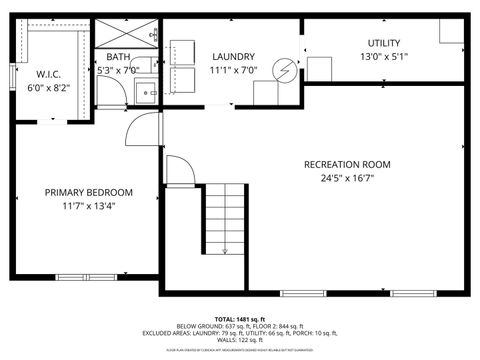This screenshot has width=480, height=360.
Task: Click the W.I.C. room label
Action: (x=49, y=73)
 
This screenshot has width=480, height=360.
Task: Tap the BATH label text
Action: (x=119, y=57)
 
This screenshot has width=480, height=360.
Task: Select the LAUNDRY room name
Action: (x=234, y=57)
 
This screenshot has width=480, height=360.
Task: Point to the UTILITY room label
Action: (x=384, y=43)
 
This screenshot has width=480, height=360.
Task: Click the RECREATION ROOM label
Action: (x=348, y=164)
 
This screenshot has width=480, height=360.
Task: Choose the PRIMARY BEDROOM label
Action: (x=88, y=192)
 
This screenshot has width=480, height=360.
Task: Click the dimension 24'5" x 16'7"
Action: (x=348, y=180)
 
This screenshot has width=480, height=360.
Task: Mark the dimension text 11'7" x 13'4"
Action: (x=88, y=208)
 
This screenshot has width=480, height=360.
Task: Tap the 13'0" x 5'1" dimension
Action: (x=384, y=58)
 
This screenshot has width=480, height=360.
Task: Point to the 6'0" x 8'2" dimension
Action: (x=49, y=87)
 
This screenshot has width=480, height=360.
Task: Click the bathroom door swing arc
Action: (x=118, y=98)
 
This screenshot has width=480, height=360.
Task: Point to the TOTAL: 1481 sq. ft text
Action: (x=240, y=318)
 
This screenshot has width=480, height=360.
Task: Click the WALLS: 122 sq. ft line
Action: (x=240, y=340)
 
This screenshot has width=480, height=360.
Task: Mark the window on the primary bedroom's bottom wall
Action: (x=86, y=277)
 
